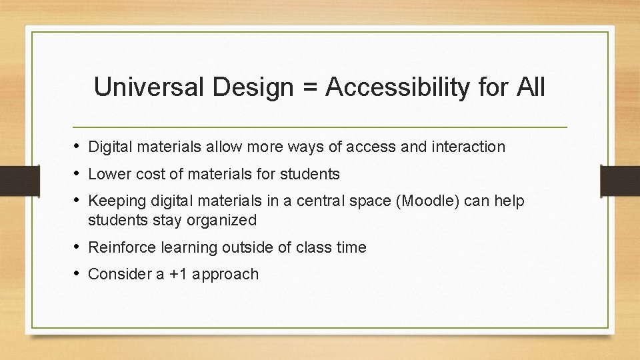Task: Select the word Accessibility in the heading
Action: [x=397, y=87]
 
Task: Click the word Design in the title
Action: [x=250, y=87]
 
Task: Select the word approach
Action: [x=225, y=274]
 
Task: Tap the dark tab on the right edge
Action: [x=620, y=179]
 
